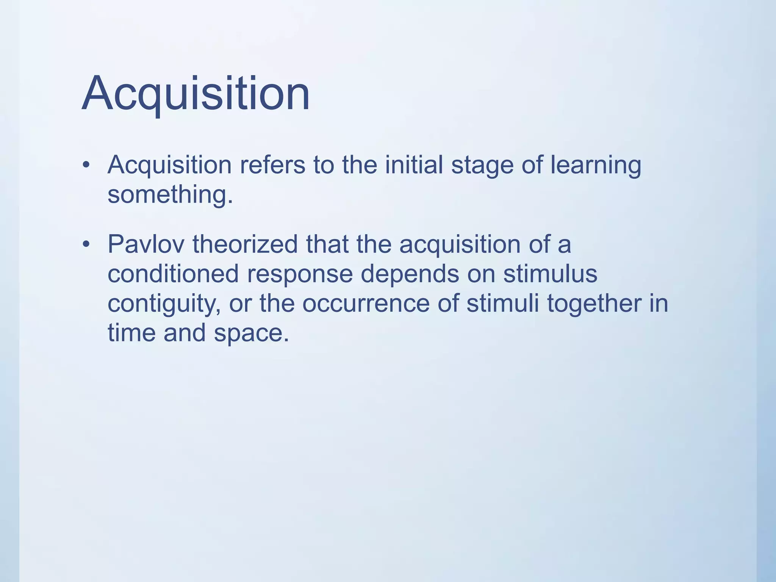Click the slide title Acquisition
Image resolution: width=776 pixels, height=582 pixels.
(196, 94)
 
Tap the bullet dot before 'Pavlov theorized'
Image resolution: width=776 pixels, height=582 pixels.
(86, 244)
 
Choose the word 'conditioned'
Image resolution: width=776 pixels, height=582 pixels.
(173, 274)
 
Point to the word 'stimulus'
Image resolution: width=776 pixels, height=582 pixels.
(550, 274)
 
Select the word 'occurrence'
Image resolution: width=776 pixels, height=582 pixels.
(366, 304)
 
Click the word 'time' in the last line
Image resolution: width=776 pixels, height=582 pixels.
(131, 333)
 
